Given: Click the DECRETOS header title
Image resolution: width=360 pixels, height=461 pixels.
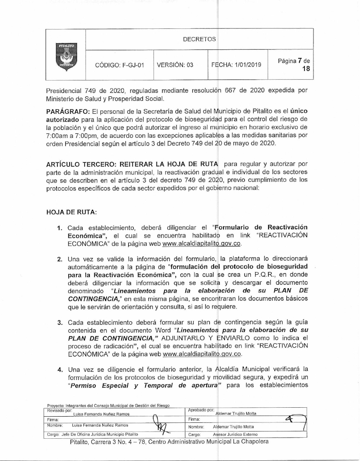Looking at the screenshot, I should coord(199,39).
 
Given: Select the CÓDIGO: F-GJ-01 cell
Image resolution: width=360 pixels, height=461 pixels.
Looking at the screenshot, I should coord(119,65).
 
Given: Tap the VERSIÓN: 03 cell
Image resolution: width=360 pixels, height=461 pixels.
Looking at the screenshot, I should coord(175,65).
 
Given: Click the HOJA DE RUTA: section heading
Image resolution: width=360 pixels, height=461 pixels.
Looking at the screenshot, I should coord(72,212).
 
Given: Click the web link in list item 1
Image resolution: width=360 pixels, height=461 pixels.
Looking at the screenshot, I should coord(202,243).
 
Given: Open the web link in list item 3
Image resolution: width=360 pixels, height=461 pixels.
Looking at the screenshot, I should coord(202,354).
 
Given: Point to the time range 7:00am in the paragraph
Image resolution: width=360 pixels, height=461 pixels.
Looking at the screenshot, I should coord(59,135).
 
